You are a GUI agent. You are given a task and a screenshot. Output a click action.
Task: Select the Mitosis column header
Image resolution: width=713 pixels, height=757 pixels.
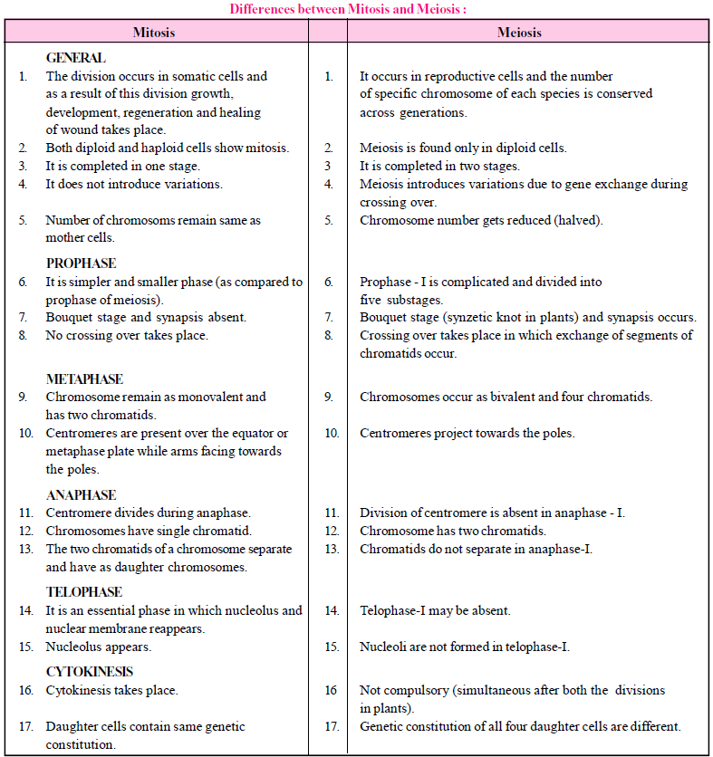(154, 33)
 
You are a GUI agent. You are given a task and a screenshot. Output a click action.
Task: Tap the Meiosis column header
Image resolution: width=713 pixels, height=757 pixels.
(519, 33)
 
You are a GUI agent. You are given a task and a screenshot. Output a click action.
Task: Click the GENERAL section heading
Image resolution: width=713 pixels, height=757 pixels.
(76, 58)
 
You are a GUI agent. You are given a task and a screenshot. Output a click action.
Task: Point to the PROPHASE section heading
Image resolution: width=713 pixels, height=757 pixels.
(82, 264)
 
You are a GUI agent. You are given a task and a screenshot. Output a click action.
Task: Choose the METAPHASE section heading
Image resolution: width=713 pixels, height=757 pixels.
(84, 379)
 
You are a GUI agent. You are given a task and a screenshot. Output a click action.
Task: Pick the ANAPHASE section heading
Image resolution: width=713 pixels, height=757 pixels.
(82, 495)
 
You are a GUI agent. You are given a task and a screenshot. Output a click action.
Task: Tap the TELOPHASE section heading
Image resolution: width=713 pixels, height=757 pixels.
(84, 592)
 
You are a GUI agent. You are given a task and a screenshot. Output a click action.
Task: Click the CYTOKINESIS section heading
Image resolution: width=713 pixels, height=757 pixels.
(90, 672)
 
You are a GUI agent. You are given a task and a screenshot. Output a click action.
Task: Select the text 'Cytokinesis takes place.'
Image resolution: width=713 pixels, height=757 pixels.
(112, 690)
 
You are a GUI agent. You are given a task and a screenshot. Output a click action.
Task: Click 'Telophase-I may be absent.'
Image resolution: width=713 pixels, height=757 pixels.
(435, 610)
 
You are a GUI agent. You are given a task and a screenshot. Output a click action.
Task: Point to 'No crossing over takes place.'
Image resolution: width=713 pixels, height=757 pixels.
(127, 335)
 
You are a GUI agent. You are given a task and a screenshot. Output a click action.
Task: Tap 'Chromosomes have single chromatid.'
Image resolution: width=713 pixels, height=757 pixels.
(149, 531)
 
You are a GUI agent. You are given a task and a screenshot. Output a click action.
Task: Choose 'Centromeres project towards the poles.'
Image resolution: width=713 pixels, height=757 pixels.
(467, 433)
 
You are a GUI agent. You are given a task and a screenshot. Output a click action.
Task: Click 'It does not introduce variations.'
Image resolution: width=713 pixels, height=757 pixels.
(134, 184)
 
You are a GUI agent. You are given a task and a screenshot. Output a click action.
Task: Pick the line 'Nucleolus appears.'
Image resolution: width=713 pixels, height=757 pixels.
(99, 647)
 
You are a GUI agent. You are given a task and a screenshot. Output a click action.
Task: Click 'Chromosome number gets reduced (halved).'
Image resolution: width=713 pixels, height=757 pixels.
(481, 220)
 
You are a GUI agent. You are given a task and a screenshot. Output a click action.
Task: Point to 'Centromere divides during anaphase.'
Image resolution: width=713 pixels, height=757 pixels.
(149, 513)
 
